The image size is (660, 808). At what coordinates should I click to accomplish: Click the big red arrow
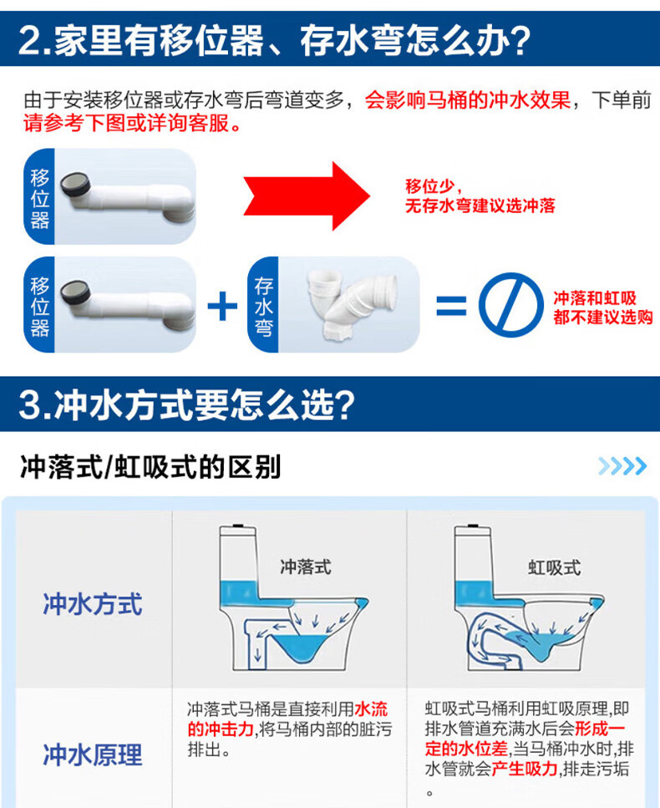tap(307, 196)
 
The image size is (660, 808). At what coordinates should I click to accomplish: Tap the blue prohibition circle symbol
tap(510, 304)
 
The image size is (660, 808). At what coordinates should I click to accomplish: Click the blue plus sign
tap(222, 306)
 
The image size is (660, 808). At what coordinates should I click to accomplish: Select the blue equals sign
tap(451, 305)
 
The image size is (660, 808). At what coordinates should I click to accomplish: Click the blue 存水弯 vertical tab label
tap(263, 305)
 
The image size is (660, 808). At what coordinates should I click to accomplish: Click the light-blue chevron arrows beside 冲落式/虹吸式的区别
tap(622, 466)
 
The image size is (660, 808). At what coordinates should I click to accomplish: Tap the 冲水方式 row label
tap(93, 604)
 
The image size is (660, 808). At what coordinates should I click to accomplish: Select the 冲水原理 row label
tap(93, 755)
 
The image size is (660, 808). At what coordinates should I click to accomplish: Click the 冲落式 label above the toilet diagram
tap(306, 567)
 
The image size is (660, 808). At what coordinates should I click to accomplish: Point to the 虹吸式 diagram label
tap(555, 568)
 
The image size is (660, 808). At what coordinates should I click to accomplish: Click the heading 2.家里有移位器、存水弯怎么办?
tap(275, 40)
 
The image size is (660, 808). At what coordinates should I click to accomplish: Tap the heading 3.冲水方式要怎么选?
tap(186, 404)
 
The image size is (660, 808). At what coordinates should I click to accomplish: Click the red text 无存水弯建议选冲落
tap(480, 206)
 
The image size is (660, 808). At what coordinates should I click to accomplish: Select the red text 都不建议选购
tap(603, 317)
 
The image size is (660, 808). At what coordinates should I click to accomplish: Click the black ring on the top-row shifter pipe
tap(75, 185)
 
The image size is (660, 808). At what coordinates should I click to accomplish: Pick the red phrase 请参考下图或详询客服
tap(131, 123)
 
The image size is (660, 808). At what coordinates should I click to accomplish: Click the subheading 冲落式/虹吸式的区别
tap(150, 467)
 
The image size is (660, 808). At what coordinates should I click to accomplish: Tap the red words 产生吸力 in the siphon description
tap(525, 769)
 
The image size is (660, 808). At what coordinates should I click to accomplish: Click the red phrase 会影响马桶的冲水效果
tap(467, 100)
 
